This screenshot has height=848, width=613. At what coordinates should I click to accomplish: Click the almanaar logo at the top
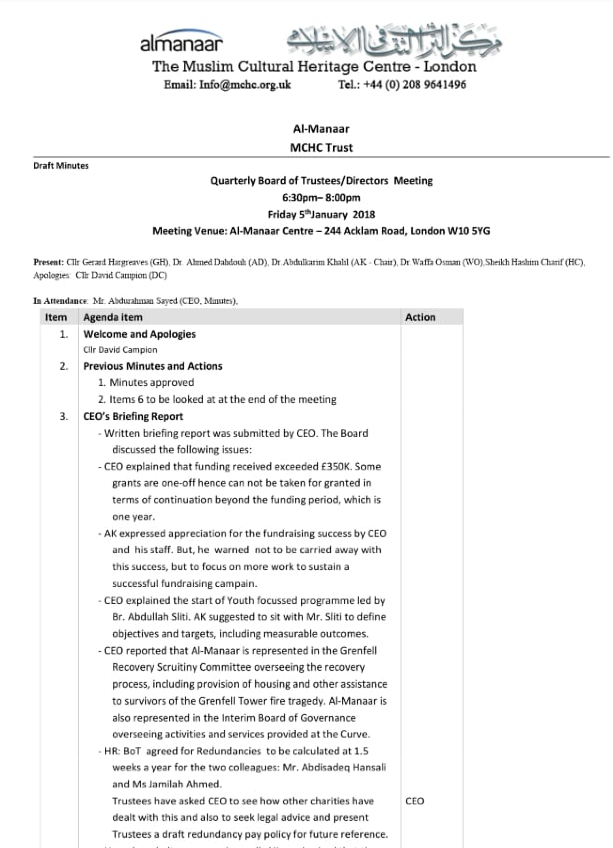click(181, 41)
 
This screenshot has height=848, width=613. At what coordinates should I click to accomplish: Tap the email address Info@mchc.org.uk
click(245, 85)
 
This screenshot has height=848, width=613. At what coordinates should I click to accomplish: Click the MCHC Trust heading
click(321, 148)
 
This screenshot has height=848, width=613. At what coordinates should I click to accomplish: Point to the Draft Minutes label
click(61, 165)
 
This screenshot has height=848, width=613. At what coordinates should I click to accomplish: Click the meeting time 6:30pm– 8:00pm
click(322, 197)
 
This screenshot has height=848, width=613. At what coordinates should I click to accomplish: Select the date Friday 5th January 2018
click(322, 214)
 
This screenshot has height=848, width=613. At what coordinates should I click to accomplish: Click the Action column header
click(420, 317)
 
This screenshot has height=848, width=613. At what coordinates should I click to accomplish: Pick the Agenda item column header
click(113, 317)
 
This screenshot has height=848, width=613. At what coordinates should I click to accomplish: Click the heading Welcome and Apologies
click(139, 334)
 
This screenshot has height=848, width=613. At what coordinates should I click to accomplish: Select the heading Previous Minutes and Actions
click(153, 366)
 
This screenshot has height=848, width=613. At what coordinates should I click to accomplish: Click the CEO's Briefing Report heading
click(133, 416)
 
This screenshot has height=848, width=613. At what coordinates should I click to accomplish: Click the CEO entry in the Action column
click(415, 801)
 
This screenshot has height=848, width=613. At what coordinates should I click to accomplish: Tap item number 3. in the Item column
click(64, 416)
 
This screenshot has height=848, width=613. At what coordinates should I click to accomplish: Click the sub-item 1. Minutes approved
click(146, 383)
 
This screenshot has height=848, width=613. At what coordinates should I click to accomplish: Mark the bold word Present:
click(48, 262)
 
